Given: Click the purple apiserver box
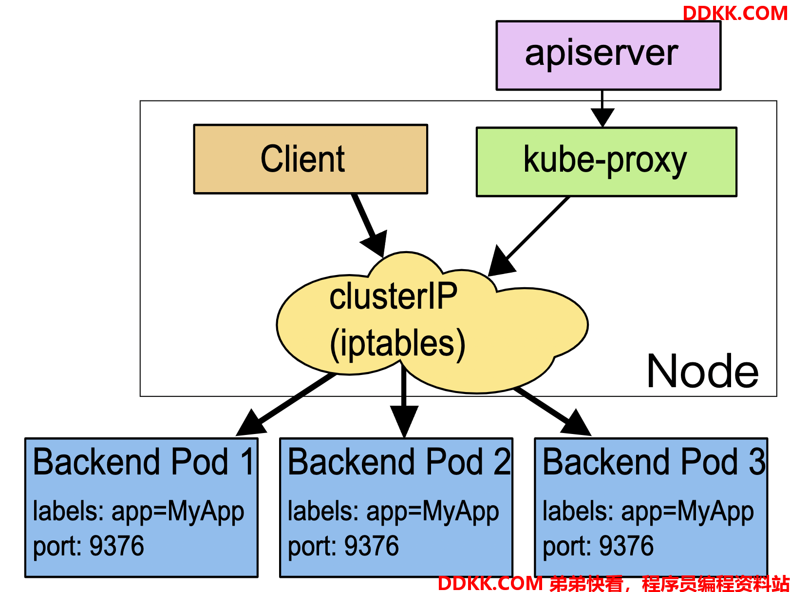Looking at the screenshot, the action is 608,56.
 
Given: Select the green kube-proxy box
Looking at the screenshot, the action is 606,162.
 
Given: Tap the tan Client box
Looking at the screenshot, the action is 311,159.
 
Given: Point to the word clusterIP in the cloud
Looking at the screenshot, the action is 393,296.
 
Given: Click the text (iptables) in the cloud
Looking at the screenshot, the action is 397,344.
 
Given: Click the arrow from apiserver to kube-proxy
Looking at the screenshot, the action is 602,109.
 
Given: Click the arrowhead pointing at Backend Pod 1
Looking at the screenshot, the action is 251,423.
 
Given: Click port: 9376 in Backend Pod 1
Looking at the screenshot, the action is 89,546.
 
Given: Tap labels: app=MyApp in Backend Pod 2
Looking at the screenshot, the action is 394,512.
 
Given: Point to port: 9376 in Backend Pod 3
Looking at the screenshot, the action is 598,546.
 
